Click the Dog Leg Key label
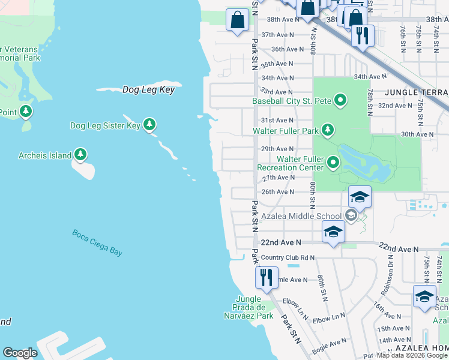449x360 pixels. (x=148, y=89)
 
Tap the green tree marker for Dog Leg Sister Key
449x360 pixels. (x=149, y=125)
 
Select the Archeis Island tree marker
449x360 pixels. (x=80, y=155)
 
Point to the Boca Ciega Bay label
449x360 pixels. (x=97, y=242)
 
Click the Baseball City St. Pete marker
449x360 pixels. (x=340, y=100)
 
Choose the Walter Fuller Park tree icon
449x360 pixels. (x=327, y=130)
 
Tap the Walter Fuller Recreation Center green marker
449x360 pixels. (x=334, y=163)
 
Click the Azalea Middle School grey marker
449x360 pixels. (x=351, y=215)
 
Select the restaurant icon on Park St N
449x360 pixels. (x=265, y=277)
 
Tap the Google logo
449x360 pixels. (x=20, y=353)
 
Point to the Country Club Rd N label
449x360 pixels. (x=288, y=257)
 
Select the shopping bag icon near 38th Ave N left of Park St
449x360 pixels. (x=238, y=19)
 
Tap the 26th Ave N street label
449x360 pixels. (x=277, y=191)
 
